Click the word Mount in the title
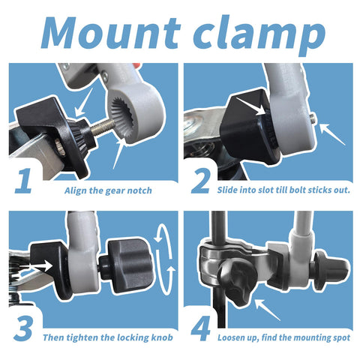click(111, 32)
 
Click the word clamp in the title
click(259, 35)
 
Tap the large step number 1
click(24, 181)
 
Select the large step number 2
click(200, 181)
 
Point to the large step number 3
click(23, 328)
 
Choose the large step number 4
click(201, 328)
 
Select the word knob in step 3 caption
click(162, 337)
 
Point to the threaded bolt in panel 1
click(101, 128)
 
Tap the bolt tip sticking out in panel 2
click(313, 116)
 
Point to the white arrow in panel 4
click(268, 310)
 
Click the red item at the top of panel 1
click(136, 66)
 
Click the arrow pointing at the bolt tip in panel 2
click(332, 134)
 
